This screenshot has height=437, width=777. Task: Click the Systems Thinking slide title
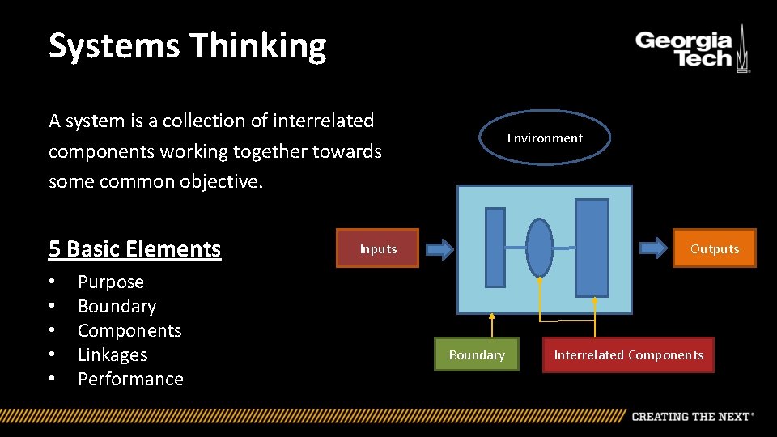187,46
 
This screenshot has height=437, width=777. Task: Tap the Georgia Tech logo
692,50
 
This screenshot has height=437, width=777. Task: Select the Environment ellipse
545,138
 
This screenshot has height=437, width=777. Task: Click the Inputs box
378,248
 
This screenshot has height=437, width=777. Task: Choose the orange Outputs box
715,248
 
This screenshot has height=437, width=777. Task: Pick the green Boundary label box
477,354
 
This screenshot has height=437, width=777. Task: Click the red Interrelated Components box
628,354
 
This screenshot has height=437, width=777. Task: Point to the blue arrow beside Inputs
439,248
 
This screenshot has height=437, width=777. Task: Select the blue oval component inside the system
539,247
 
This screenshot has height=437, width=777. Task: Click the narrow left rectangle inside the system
495,247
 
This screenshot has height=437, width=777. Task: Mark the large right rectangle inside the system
592,248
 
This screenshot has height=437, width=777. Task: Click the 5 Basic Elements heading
134,248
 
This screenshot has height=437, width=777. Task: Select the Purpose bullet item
110,282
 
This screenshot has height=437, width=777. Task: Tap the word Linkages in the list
113,354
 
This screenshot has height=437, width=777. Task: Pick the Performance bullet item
130,379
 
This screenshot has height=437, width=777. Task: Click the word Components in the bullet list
129,330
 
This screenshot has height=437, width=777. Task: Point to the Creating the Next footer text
692,416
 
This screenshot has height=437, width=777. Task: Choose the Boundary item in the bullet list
117,306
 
